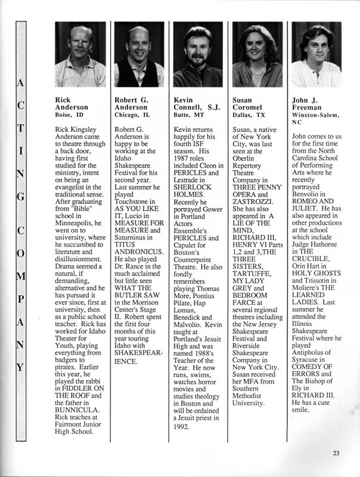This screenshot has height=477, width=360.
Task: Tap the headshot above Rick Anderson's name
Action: coord(80,54)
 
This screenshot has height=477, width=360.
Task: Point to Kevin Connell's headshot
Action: coord(198,54)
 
